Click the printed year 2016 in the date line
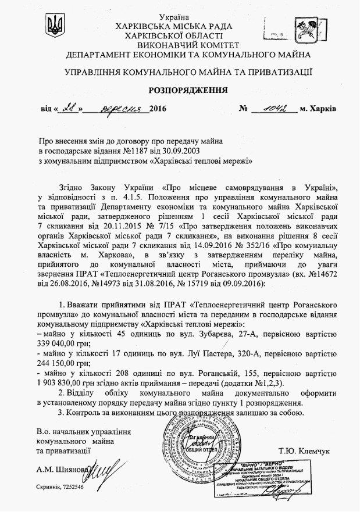[157, 109]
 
